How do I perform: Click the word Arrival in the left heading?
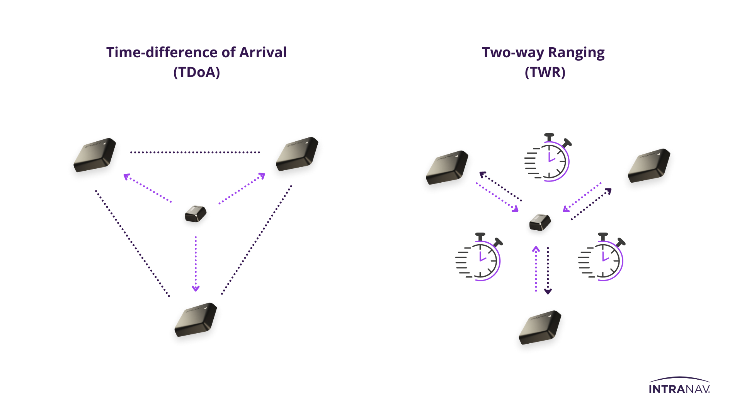pyautogui.click(x=263, y=53)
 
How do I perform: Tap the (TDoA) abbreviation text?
pyautogui.click(x=196, y=72)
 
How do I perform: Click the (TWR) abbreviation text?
pyautogui.click(x=545, y=72)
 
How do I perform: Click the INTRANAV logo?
pyautogui.click(x=679, y=386)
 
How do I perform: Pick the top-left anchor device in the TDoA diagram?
pyautogui.click(x=95, y=155)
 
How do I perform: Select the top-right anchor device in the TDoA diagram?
pyautogui.click(x=297, y=154)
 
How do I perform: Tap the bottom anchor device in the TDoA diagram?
pyautogui.click(x=196, y=319)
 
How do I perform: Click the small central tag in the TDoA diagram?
pyautogui.click(x=196, y=214)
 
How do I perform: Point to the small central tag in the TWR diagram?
pyautogui.click(x=540, y=222)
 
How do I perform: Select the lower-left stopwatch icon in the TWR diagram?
pyautogui.click(x=479, y=257)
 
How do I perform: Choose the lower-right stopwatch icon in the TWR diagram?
pyautogui.click(x=602, y=257)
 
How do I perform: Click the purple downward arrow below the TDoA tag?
pyautogui.click(x=196, y=264)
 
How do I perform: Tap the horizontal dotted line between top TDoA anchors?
pyautogui.click(x=195, y=152)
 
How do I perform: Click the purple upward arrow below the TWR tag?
pyautogui.click(x=536, y=269)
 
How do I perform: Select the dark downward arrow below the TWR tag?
pyautogui.click(x=548, y=271)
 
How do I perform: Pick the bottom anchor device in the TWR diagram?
pyautogui.click(x=540, y=327)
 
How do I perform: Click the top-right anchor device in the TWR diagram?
pyautogui.click(x=649, y=166)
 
